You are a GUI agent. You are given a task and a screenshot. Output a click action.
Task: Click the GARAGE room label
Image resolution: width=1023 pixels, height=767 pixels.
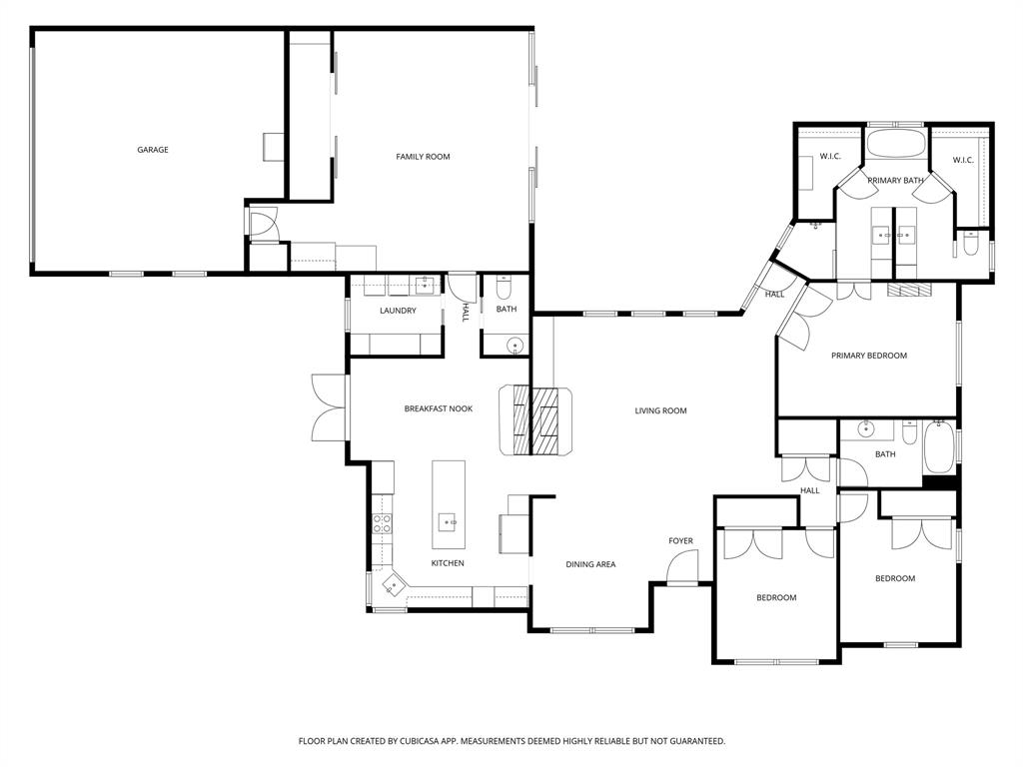pyautogui.click(x=153, y=150)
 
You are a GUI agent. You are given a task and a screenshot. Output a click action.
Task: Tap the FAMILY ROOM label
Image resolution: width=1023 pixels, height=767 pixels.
pyautogui.click(x=423, y=157)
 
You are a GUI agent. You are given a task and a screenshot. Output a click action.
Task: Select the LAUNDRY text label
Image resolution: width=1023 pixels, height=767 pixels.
pyautogui.click(x=398, y=311)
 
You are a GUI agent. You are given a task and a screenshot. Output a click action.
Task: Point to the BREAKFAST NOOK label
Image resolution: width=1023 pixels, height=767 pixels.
pyautogui.click(x=438, y=408)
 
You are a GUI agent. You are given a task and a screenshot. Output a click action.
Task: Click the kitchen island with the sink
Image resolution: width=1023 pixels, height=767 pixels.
pyautogui.click(x=449, y=504)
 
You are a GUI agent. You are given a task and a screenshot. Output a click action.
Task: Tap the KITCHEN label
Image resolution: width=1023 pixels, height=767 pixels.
pyautogui.click(x=448, y=563)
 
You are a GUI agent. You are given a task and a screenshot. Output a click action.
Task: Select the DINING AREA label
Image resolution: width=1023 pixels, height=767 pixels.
pyautogui.click(x=590, y=564)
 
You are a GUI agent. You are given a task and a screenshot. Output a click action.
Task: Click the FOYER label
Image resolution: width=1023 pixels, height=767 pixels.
pyautogui.click(x=680, y=541)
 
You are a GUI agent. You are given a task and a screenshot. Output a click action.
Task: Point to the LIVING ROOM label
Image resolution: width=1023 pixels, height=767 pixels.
pyautogui.click(x=661, y=410)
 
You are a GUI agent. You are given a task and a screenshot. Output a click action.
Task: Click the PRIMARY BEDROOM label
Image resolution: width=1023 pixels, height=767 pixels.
pyautogui.click(x=869, y=356)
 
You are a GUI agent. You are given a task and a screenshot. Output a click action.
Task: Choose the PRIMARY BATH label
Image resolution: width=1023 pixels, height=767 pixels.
pyautogui.click(x=895, y=181)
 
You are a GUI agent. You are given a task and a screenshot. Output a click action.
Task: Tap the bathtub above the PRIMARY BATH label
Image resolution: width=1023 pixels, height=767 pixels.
pyautogui.click(x=896, y=143)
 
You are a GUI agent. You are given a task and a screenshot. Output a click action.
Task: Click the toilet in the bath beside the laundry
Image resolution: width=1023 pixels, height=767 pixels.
pyautogui.click(x=504, y=291)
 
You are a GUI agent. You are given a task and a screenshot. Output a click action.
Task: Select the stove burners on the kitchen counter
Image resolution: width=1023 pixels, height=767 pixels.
pyautogui.click(x=381, y=523)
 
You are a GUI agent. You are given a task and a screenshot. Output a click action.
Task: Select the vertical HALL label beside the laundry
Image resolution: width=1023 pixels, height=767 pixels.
pyautogui.click(x=465, y=312)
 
